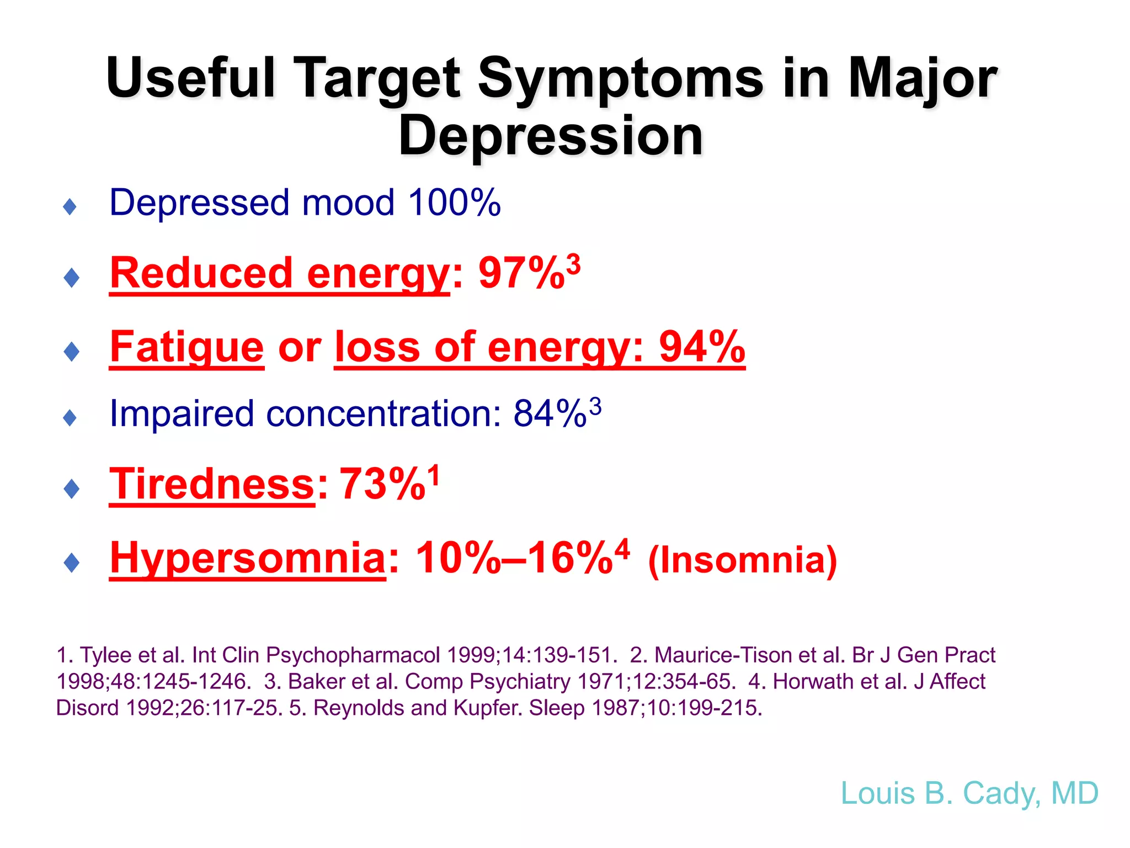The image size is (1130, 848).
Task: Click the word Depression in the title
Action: (551, 136)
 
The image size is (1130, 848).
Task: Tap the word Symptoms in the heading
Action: (621, 79)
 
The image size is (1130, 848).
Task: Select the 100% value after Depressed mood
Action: (454, 203)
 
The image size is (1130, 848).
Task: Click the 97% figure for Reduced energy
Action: (521, 273)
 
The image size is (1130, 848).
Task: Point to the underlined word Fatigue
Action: (186, 347)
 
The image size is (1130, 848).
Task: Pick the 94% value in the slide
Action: (702, 347)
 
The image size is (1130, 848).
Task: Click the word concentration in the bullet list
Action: (383, 414)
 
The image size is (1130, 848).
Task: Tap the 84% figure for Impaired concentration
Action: (550, 414)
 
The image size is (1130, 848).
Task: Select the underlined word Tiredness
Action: (212, 484)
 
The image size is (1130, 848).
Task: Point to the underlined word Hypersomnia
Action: (248, 558)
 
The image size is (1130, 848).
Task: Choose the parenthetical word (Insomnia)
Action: (742, 560)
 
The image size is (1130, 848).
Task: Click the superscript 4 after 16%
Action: (622, 549)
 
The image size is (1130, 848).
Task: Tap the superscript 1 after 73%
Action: (435, 475)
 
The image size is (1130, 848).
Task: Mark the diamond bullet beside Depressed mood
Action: (70, 207)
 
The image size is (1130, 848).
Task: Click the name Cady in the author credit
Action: (1000, 794)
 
